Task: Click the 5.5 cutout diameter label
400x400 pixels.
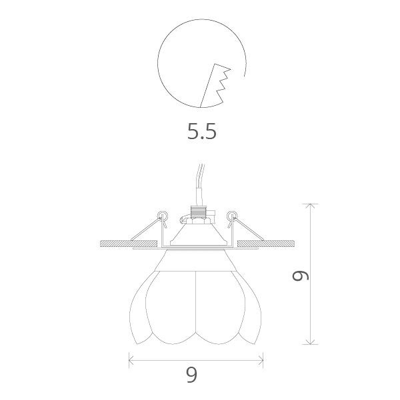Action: click(x=202, y=132)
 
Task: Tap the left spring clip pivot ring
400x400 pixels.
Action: click(x=161, y=214)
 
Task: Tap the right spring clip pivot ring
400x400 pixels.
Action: click(x=232, y=214)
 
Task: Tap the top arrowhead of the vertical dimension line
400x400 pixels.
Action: click(x=311, y=206)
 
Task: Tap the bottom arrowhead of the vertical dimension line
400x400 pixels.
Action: click(x=311, y=343)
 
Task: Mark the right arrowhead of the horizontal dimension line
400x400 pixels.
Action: click(x=262, y=361)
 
